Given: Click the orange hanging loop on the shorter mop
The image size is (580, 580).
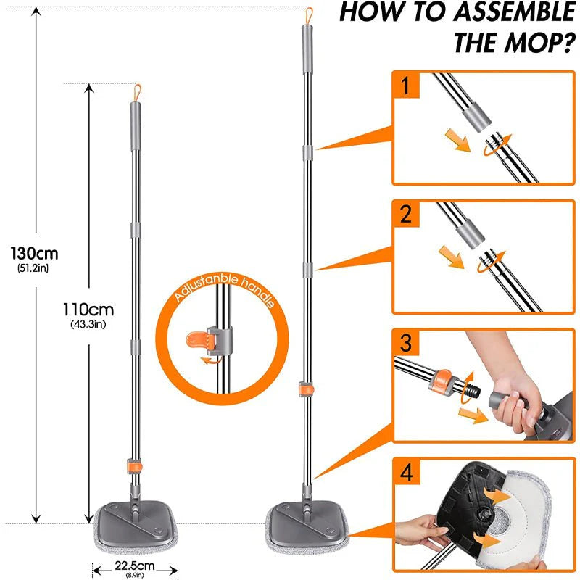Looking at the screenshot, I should [x=135, y=92].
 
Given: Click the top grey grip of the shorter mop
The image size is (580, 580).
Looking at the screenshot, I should [x=135, y=115].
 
